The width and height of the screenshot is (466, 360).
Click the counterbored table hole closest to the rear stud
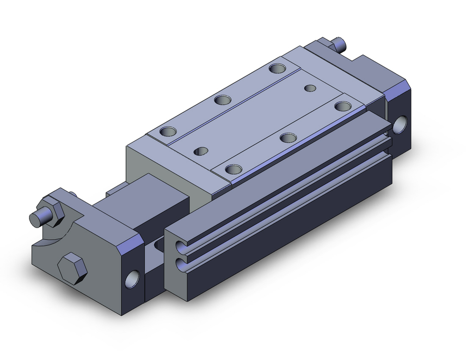pos(278,69)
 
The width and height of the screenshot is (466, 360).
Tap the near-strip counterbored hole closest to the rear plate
pos(343,106)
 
